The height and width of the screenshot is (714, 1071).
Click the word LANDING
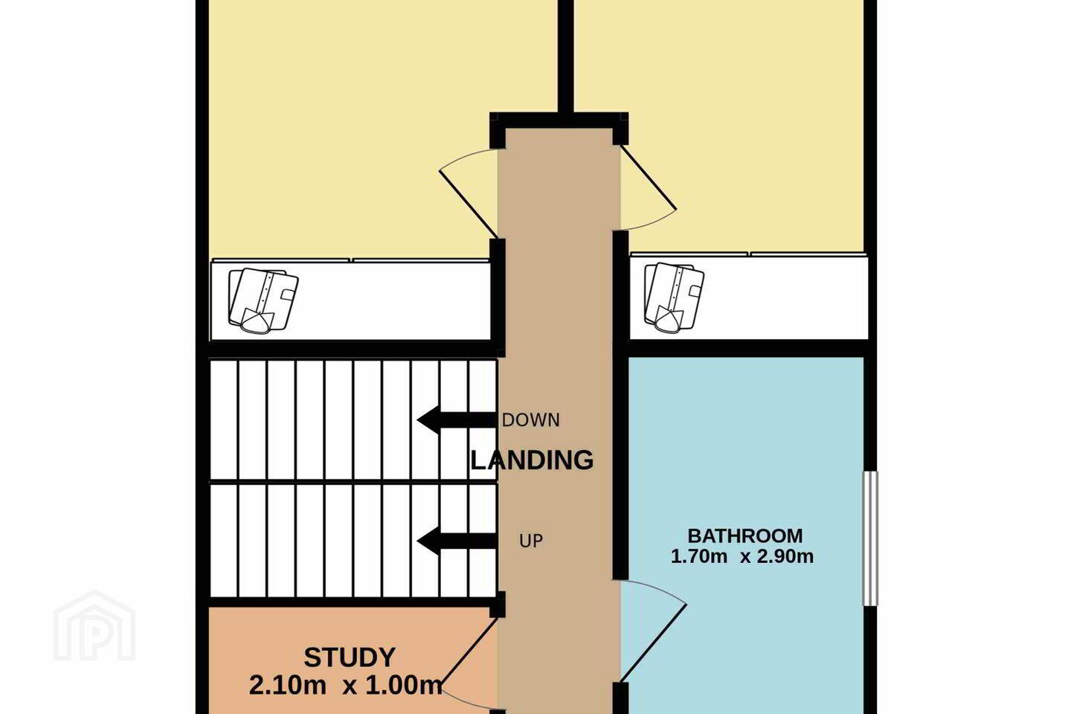pos(533,460)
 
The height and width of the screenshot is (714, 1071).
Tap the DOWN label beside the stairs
pos(531,420)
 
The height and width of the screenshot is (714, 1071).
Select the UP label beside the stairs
pos(531,541)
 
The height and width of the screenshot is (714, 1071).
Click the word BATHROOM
pos(745,535)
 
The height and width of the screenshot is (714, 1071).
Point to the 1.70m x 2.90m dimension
pos(742,556)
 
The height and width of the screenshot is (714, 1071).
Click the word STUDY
pos(350,657)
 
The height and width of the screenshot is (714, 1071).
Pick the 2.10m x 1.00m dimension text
pos(345,686)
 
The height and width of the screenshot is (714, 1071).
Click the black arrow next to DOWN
pos(457,420)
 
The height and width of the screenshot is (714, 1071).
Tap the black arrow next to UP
pos(457,541)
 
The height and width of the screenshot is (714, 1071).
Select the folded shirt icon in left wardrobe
pos(263,300)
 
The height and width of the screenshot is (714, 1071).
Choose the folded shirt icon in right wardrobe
pos(674,297)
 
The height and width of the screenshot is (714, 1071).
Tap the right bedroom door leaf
pos(649,178)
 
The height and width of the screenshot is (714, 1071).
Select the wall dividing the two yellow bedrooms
pos(565,57)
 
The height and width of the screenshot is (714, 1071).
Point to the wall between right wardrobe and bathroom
pos(749,349)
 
